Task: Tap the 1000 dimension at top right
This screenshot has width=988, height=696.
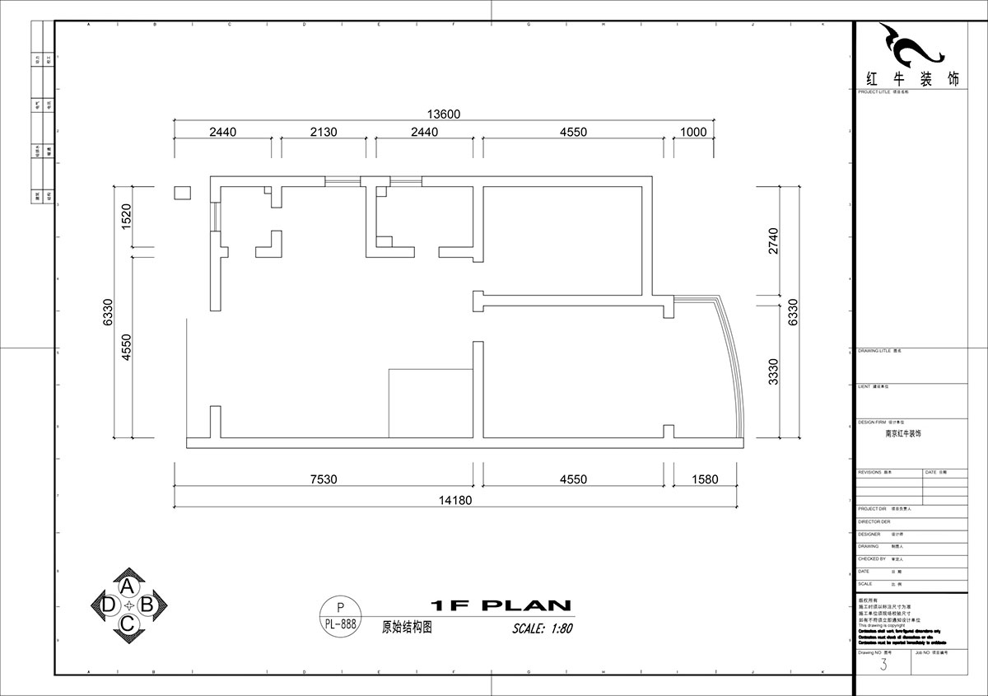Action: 693,132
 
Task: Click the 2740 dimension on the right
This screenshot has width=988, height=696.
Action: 773,241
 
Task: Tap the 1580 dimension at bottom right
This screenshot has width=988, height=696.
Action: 706,479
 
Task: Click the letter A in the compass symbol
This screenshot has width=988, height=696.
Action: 128,586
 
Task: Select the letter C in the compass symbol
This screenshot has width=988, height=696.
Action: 128,624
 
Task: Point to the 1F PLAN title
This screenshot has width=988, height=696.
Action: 500,605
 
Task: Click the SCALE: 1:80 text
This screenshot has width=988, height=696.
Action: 542,628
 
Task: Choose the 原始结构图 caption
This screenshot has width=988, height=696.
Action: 407,626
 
